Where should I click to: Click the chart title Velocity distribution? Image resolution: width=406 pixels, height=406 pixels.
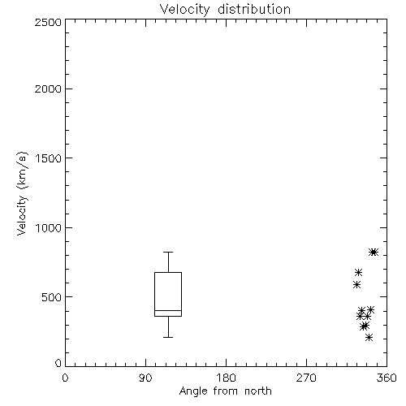tap(225, 9)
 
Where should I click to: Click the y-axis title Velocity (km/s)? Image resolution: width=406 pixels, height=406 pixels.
tap(22, 193)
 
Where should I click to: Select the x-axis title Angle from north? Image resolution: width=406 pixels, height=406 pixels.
tap(225, 391)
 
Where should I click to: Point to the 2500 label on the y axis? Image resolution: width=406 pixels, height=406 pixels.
tap(48, 22)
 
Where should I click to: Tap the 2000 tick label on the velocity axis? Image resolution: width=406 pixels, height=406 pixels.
tap(48, 89)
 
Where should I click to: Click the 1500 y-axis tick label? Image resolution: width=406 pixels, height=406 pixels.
tap(49, 158)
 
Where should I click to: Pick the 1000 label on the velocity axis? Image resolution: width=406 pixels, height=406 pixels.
tap(49, 228)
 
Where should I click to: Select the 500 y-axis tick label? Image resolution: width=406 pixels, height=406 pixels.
tap(52, 297)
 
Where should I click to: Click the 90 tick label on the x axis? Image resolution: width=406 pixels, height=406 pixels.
tap(145, 378)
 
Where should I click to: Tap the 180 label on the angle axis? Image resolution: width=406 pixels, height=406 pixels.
tap(226, 378)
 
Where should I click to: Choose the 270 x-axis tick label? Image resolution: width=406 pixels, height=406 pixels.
tap(306, 378)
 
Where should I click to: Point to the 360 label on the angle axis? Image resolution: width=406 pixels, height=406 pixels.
tap(387, 378)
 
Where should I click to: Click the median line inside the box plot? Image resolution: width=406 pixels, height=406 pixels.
tap(168, 310)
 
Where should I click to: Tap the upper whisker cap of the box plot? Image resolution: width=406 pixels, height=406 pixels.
tap(168, 253)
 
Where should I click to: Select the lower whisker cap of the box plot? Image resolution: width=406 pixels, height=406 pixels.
tap(168, 337)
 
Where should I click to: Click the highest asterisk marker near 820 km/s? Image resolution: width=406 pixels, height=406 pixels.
tap(374, 252)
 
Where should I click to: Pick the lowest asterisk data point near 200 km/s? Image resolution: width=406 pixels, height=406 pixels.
tap(369, 337)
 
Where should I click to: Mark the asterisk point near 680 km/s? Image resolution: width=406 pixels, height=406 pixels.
tap(358, 272)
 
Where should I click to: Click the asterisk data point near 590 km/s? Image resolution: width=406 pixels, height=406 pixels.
tap(356, 284)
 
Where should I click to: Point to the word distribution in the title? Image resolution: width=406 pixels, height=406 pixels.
tap(254, 9)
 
